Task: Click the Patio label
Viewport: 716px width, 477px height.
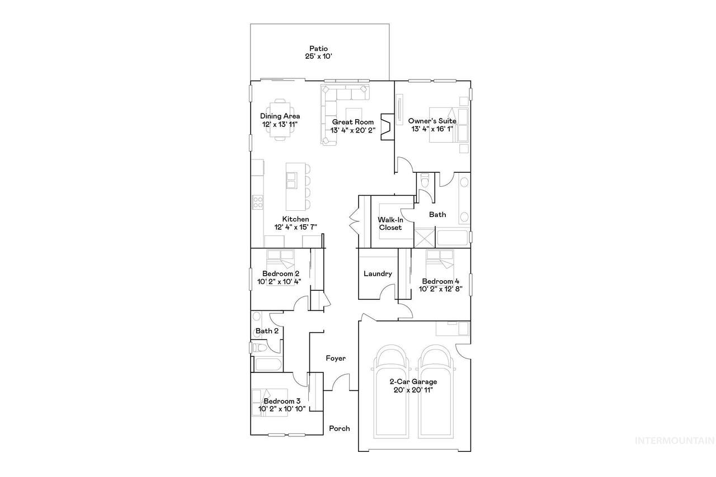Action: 318,49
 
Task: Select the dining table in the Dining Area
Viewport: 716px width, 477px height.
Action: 280,120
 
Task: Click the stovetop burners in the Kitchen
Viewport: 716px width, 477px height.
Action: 258,202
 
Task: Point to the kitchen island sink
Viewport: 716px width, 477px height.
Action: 291,181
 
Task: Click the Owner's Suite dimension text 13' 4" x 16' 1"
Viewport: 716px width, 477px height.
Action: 432,129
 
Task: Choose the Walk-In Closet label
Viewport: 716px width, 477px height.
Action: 390,224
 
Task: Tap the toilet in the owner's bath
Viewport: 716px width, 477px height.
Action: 425,180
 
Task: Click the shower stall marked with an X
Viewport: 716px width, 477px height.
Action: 425,238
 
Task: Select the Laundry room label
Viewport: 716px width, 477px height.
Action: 378,273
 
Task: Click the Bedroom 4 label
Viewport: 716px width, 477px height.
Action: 440,281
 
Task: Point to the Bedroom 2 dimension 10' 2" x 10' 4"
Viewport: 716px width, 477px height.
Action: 279,281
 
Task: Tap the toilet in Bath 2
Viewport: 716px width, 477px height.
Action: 260,347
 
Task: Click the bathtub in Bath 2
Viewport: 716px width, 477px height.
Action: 268,365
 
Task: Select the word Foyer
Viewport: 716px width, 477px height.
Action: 336,358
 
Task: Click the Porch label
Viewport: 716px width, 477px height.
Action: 340,428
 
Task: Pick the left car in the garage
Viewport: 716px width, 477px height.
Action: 391,391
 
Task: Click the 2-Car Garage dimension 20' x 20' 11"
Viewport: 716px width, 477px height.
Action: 413,390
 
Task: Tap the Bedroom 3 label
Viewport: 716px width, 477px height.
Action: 282,401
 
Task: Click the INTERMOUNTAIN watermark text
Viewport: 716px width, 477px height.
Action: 675,441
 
